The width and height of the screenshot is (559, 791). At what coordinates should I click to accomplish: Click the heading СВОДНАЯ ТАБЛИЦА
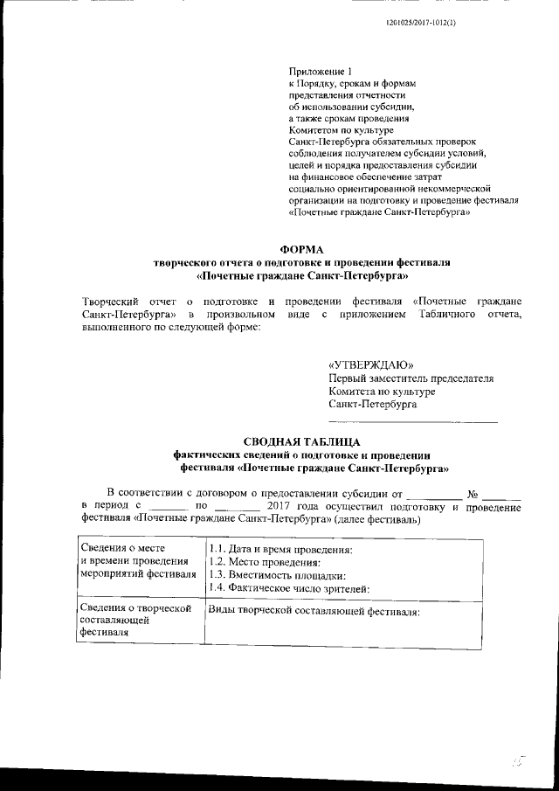(x=302, y=441)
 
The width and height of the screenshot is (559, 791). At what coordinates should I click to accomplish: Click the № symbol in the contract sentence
(x=474, y=494)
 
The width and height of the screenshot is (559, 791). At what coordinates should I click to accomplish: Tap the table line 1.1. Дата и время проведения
(x=280, y=549)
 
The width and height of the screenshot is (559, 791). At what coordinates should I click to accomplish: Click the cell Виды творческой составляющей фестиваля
(x=314, y=612)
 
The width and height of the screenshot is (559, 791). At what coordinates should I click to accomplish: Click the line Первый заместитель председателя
(x=411, y=378)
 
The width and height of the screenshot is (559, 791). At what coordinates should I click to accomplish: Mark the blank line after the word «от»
(x=434, y=496)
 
